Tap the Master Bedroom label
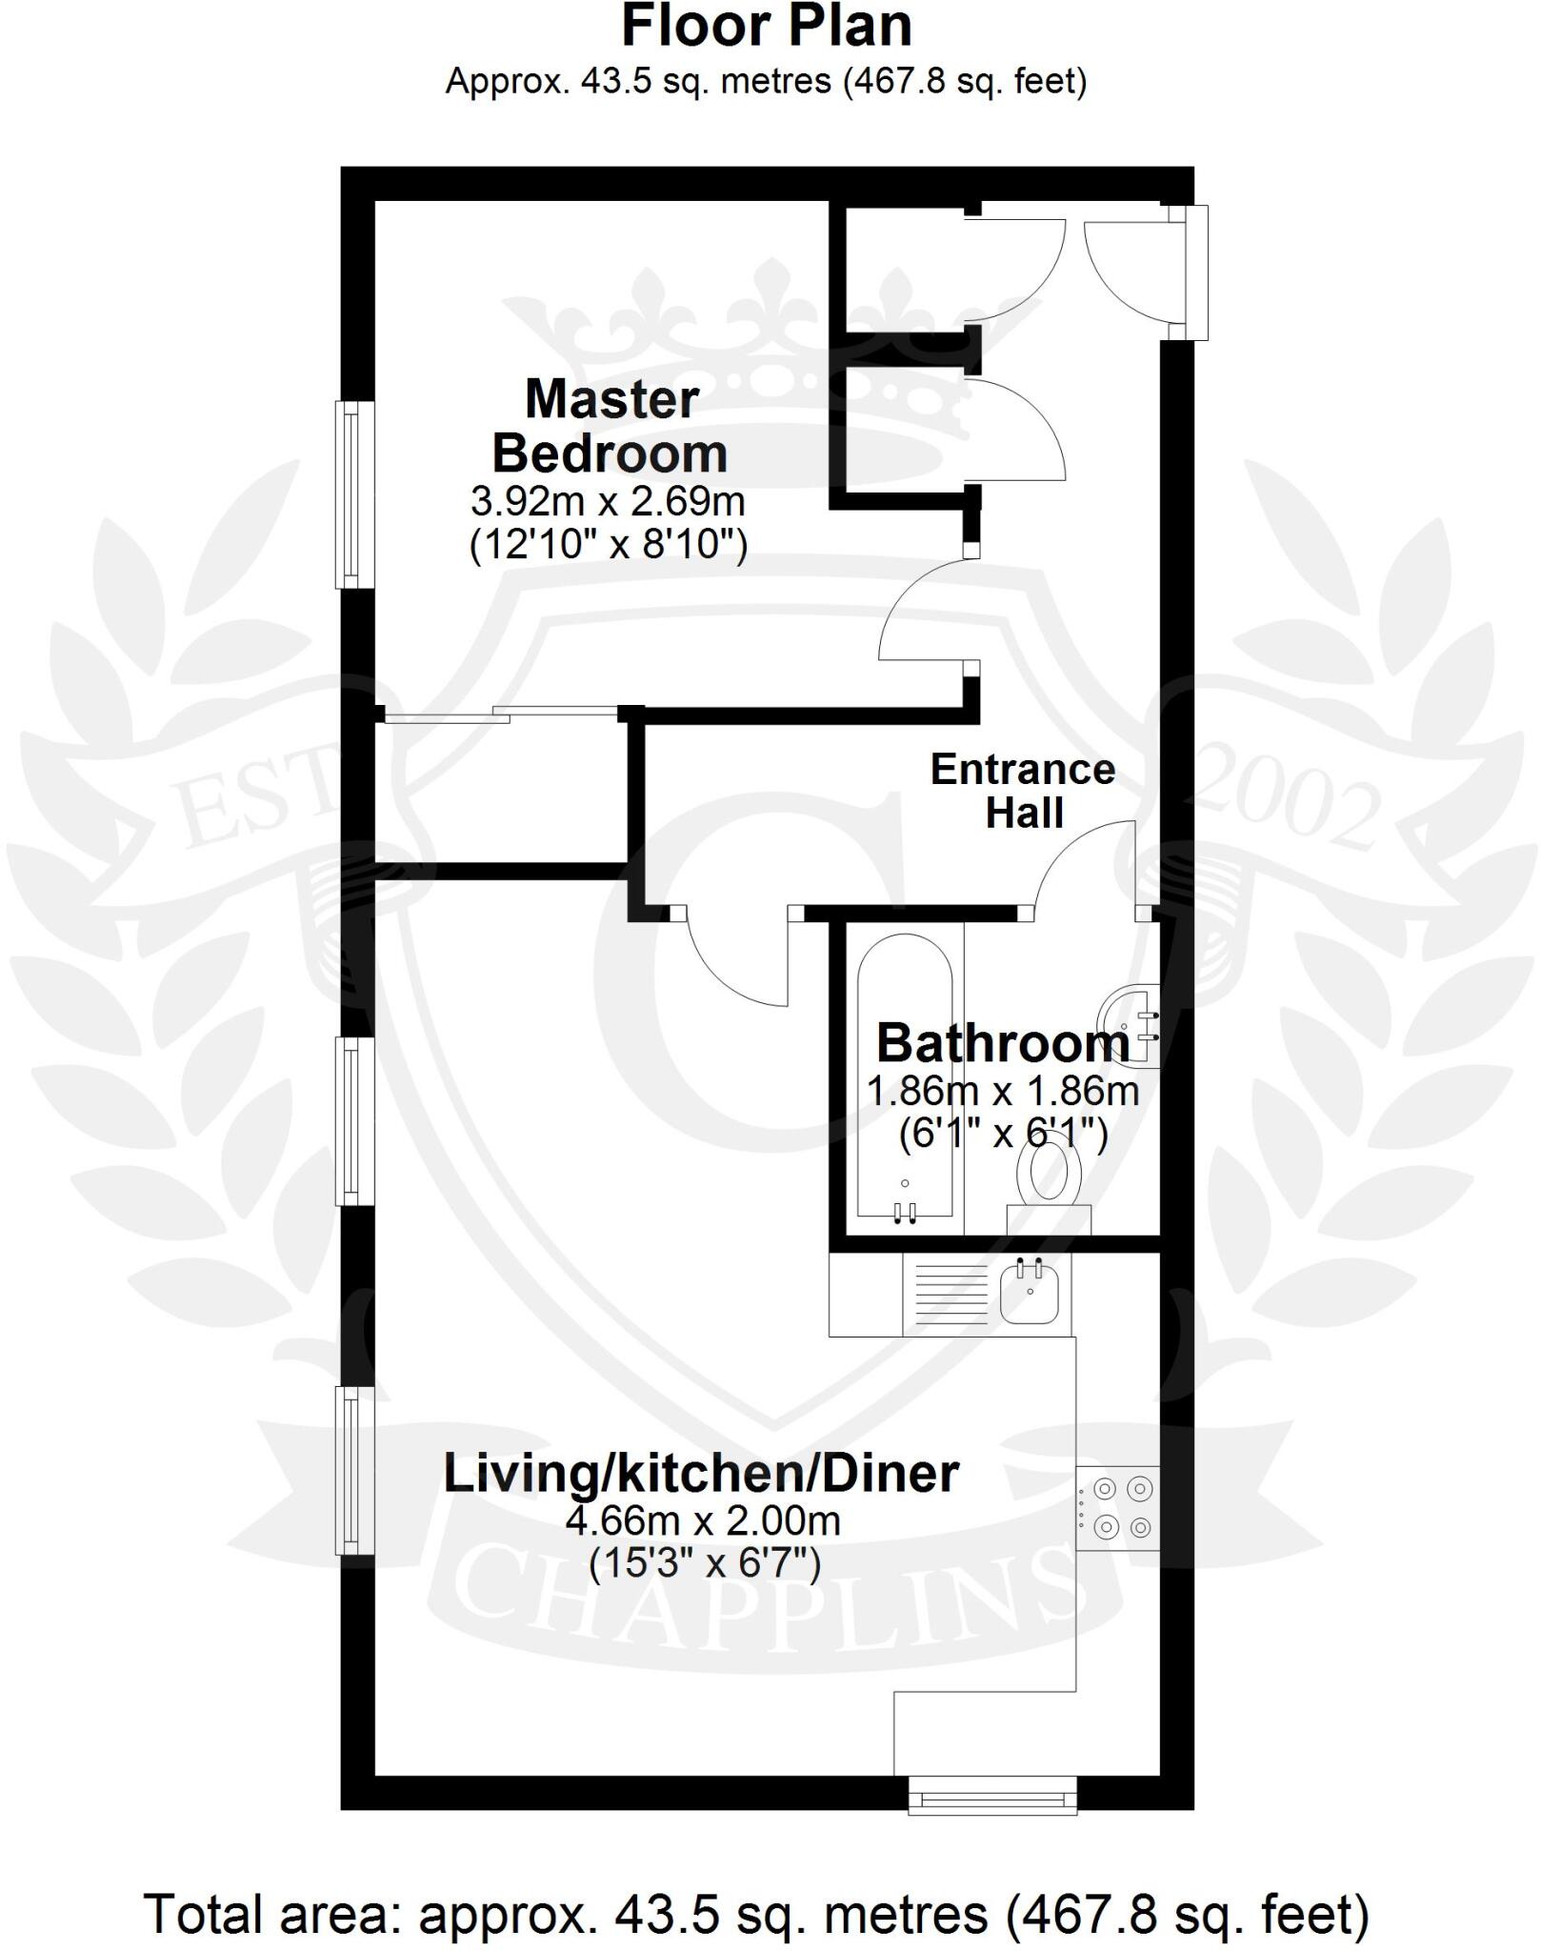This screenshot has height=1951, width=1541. pyautogui.click(x=610, y=426)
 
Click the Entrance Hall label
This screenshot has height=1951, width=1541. pyautogui.click(x=1023, y=791)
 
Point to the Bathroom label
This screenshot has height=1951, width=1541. pyautogui.click(x=1002, y=1043)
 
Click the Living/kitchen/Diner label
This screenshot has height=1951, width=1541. pyautogui.click(x=701, y=1474)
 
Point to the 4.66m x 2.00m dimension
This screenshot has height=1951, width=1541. pyautogui.click(x=703, y=1519)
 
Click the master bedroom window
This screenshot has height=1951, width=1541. pyautogui.click(x=353, y=494)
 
